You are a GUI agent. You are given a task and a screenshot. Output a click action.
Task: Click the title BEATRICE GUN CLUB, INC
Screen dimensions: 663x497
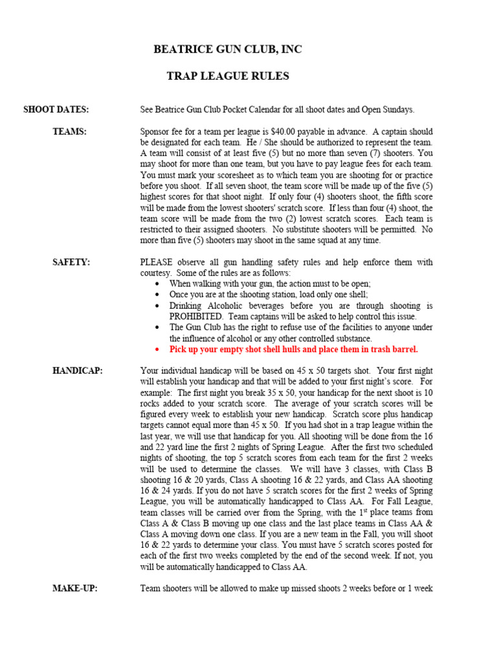228,50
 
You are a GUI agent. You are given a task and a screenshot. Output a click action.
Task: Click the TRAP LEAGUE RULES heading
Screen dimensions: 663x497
228,76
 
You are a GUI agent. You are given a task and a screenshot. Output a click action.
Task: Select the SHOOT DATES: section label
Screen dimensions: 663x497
56,109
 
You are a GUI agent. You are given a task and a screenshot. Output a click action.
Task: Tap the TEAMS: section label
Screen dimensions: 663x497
69,131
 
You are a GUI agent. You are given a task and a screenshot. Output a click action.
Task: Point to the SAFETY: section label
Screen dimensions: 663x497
71,262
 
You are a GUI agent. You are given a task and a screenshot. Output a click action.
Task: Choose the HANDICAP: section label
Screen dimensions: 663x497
77,371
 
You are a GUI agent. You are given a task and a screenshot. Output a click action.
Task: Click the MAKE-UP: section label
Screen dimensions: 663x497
74,589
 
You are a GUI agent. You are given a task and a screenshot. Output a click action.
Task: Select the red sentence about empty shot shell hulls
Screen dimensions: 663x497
294,350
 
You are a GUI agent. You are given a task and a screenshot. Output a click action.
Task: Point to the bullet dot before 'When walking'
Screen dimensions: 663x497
159,284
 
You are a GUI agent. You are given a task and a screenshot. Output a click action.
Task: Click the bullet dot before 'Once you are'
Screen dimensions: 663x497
159,295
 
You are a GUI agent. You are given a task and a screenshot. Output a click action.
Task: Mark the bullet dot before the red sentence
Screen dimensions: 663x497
159,350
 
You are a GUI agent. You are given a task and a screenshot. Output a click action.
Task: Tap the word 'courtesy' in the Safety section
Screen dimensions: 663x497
155,273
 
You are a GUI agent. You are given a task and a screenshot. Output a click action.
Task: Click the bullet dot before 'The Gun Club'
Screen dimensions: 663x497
159,328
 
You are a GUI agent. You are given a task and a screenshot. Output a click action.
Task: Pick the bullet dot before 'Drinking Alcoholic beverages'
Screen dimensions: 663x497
159,306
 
